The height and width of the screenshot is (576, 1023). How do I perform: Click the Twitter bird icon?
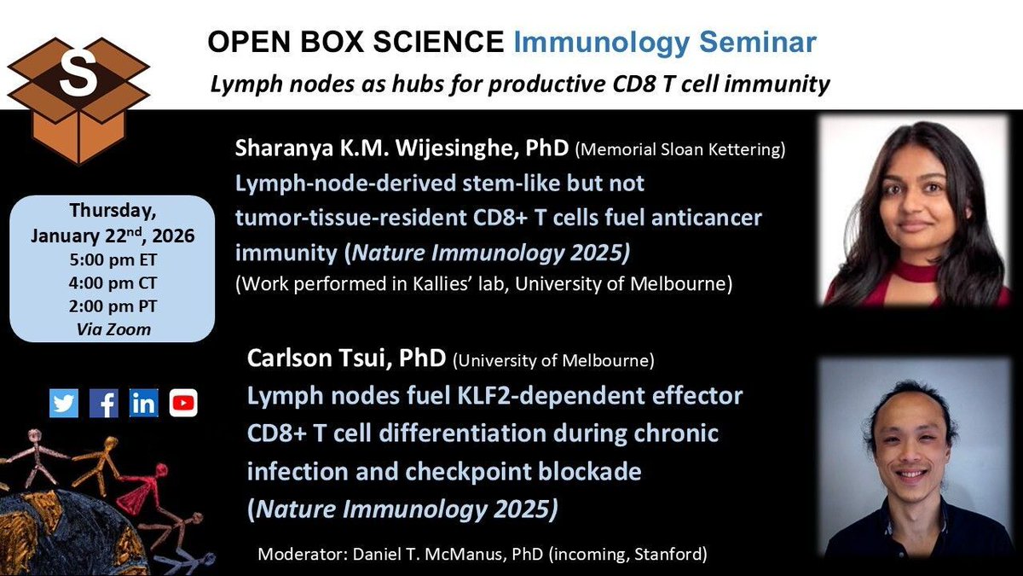(x=63, y=404)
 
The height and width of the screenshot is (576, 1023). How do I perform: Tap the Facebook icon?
(x=103, y=404)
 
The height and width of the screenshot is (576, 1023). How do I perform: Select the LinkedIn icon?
(x=143, y=404)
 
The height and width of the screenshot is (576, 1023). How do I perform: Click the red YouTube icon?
(x=183, y=404)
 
